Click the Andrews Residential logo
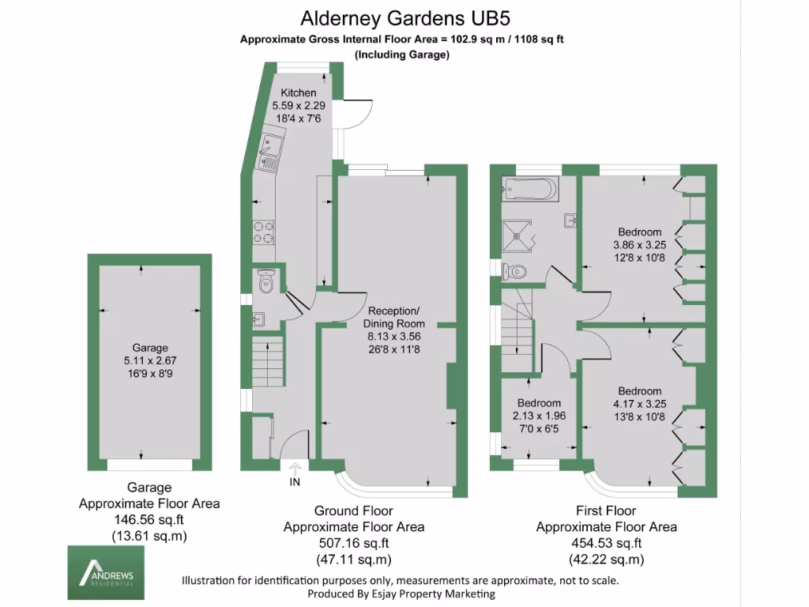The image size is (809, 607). pos(106,572)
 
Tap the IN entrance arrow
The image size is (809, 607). pos(295,469)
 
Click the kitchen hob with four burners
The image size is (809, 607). pos(263,232)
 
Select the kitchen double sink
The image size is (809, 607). pos(270,153)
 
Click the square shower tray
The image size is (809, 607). pos(517,236)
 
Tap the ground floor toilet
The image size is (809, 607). pos(265,281)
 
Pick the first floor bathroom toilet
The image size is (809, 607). pos(514,270)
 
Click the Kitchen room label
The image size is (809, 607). pos(298,93)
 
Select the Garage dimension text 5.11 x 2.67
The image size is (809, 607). pos(149,360)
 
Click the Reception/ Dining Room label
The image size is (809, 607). pos(393,318)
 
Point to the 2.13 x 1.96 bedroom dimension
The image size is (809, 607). pos(539,416)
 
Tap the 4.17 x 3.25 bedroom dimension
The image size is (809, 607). pos(640,404)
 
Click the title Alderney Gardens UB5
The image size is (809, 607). pos(405,19)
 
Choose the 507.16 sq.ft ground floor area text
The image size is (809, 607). pos(354,544)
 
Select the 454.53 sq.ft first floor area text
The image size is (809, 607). pos(606,544)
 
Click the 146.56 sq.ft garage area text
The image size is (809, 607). pos(149,520)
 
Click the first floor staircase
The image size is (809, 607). pos(517,330)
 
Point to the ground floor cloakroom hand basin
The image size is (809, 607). pos(258,320)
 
